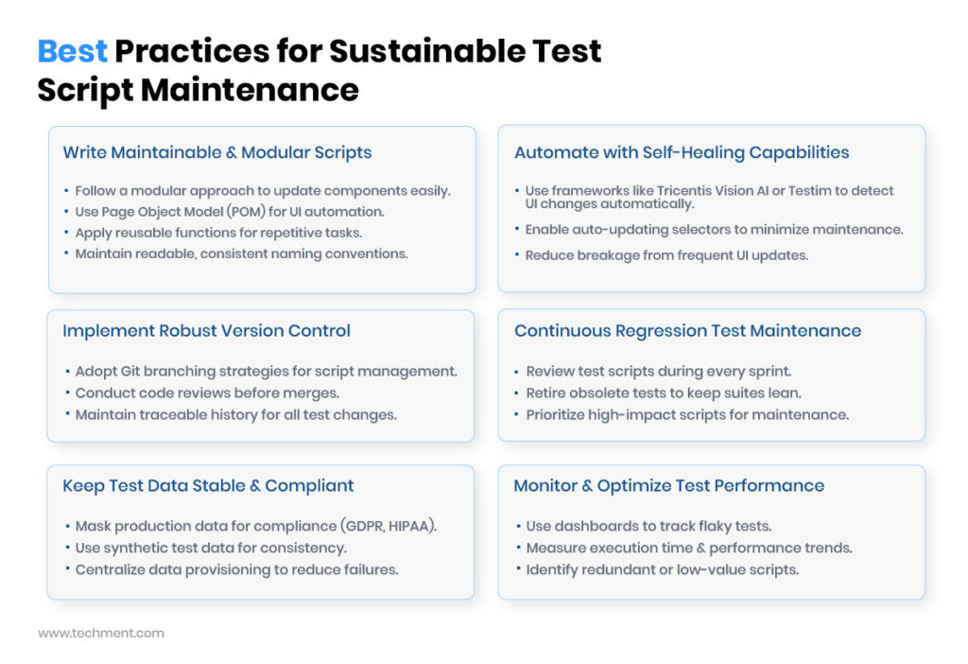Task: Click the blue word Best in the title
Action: (x=72, y=51)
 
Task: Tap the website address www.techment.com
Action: (x=100, y=633)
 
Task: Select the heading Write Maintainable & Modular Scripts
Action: (x=216, y=152)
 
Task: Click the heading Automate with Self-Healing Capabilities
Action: (x=682, y=152)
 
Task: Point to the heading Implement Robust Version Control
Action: (x=206, y=331)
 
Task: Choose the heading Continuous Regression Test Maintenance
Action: (x=687, y=331)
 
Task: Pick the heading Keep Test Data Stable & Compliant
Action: (x=208, y=485)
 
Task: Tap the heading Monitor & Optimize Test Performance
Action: (x=668, y=485)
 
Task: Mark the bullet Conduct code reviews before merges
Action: (x=207, y=393)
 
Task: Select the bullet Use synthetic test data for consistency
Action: (x=211, y=548)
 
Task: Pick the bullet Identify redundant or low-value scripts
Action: (x=662, y=569)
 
